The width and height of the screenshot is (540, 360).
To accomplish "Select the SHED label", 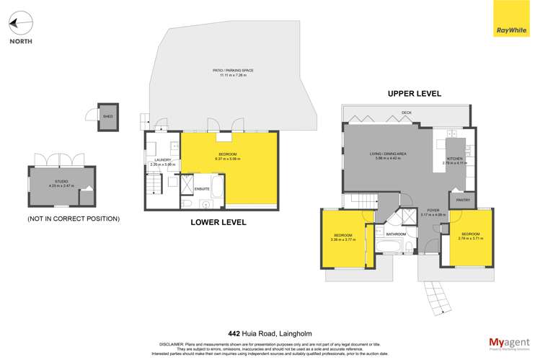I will click(x=107, y=115).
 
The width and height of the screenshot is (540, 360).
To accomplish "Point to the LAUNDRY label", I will click(x=161, y=160).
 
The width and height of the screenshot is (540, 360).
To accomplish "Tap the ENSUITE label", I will click(x=203, y=188).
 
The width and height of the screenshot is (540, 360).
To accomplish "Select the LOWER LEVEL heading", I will click(x=218, y=222).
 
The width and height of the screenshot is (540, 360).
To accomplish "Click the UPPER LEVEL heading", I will click(x=414, y=94).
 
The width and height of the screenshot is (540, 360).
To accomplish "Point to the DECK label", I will click(x=407, y=113).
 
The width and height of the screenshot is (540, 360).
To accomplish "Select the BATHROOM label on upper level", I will click(x=396, y=234).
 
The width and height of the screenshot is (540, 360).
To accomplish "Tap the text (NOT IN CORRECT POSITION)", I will click(x=74, y=218).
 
